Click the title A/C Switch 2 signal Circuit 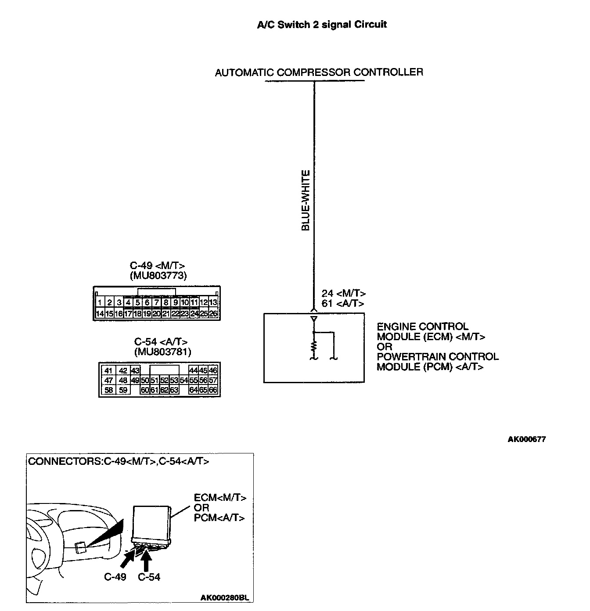pyautogui.click(x=322, y=25)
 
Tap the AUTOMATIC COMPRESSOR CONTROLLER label pyautogui.click(x=319, y=72)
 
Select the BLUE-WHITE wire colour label pyautogui.click(x=306, y=201)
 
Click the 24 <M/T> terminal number pyautogui.click(x=343, y=294)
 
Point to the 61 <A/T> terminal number pyautogui.click(x=342, y=303)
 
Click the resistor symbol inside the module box pyautogui.click(x=313, y=346)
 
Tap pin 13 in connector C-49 pyautogui.click(x=213, y=302)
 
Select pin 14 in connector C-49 pyautogui.click(x=100, y=314)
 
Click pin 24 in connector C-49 pyautogui.click(x=194, y=314)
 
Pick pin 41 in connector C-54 pyautogui.click(x=108, y=370)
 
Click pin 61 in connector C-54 pyautogui.click(x=155, y=390)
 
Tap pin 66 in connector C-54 pyautogui.click(x=213, y=390)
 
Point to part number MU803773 pyautogui.click(x=158, y=276)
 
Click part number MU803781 pyautogui.click(x=163, y=352)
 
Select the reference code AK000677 pyautogui.click(x=527, y=439)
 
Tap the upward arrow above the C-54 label pyautogui.click(x=147, y=562)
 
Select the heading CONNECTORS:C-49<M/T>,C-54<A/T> pyautogui.click(x=119, y=461)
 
